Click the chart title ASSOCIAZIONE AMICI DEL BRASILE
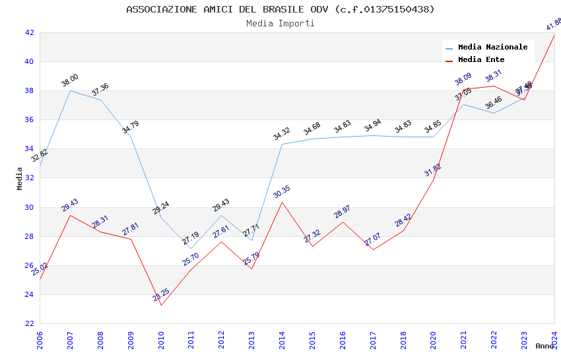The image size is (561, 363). [x=280, y=9]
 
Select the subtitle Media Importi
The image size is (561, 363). [x=280, y=23]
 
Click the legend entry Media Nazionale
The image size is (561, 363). [x=492, y=47]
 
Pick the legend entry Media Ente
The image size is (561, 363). [x=481, y=59]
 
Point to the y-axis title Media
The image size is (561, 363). [x=20, y=178]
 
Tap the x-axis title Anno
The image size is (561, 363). [x=544, y=346]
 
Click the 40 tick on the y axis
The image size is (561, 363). [x=29, y=61]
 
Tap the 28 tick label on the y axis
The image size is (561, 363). [x=29, y=236]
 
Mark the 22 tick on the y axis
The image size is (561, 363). [x=29, y=323]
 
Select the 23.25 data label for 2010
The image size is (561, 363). [x=161, y=295]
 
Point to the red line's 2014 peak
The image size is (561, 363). [x=282, y=202]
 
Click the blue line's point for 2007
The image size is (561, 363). [x=71, y=90]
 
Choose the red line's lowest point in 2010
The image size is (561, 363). [x=161, y=305]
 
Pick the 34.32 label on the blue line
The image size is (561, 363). [x=282, y=134]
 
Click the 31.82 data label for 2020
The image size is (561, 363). [x=433, y=170]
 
